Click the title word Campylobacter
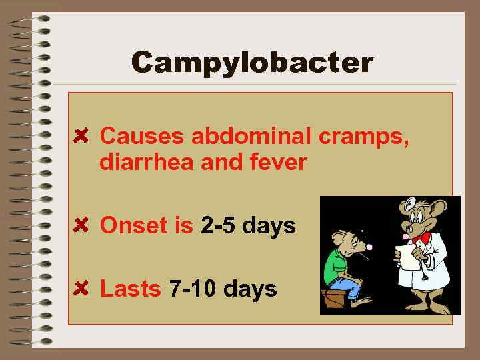tap(252, 63)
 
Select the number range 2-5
tap(217, 226)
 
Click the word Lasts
tap(130, 289)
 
